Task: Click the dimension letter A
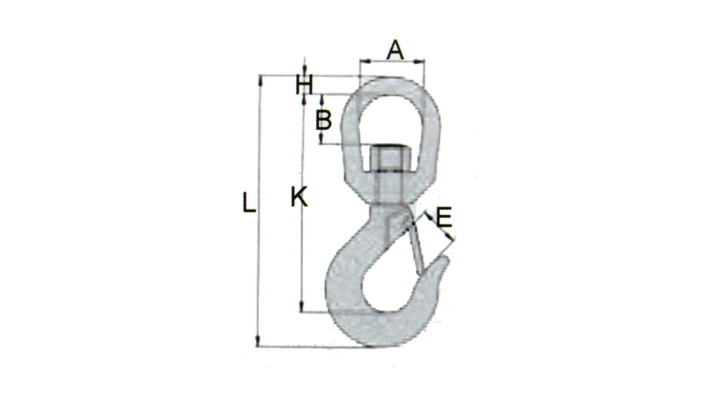[395, 50]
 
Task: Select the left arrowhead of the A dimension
[365, 62]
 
